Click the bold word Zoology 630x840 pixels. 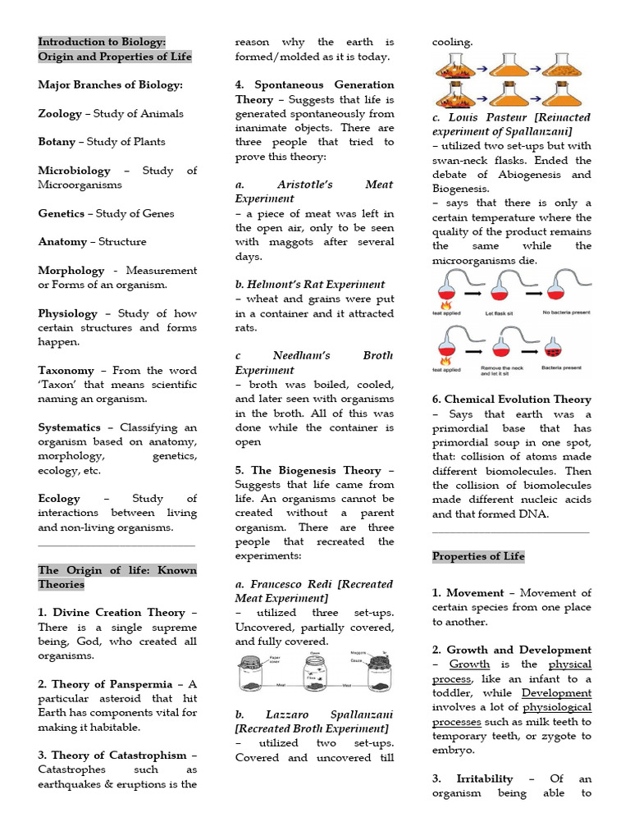(60, 113)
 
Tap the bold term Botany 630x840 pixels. (57, 142)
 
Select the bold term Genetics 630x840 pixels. (61, 213)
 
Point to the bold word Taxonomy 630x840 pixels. (66, 370)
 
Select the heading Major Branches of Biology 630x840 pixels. (111, 84)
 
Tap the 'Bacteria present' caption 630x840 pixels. (562, 369)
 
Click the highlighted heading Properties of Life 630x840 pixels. (478, 556)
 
